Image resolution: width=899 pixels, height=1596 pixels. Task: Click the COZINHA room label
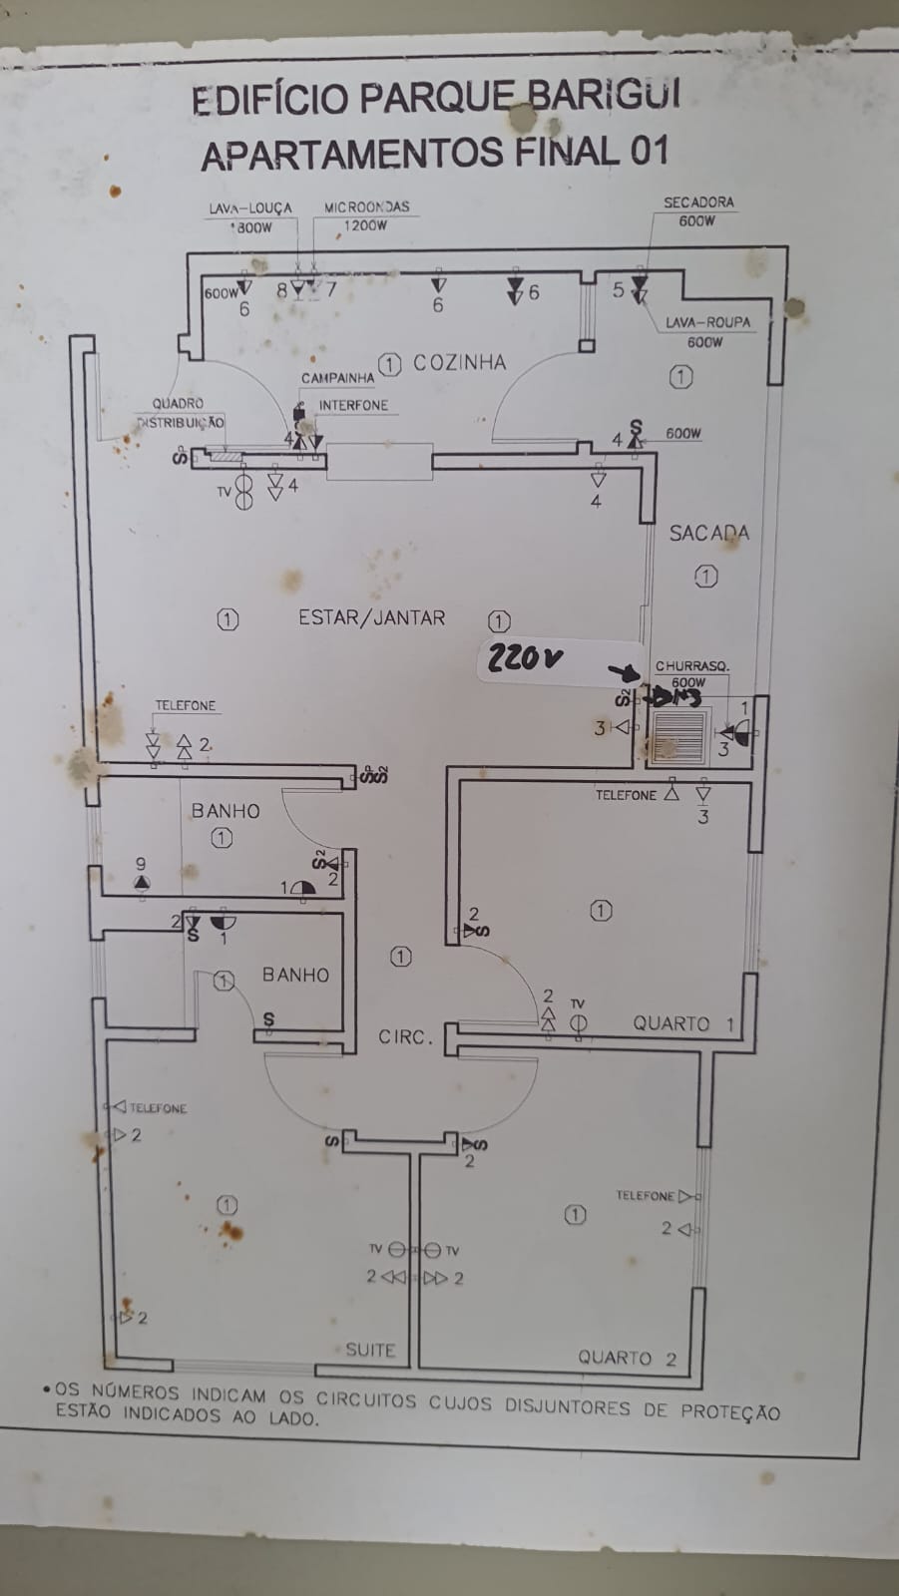(459, 363)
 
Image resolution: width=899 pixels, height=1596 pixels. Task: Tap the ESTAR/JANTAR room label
(371, 617)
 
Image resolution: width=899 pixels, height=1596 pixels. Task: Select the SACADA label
(708, 533)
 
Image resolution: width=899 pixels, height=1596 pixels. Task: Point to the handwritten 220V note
(525, 659)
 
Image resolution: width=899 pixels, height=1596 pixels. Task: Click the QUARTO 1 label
(683, 1023)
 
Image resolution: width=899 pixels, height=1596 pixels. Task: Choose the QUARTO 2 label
(627, 1358)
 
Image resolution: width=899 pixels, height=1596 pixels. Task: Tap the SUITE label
(370, 1350)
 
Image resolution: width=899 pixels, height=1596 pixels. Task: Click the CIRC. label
(405, 1037)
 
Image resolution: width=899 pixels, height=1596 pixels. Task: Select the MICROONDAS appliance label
(366, 206)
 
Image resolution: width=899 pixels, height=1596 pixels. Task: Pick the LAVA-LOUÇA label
(249, 207)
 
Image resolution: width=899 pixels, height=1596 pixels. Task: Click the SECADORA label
(698, 201)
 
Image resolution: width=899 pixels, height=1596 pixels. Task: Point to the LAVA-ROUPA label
(707, 322)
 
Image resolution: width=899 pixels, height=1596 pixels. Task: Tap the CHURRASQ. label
(691, 665)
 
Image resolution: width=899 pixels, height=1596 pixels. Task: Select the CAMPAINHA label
(337, 379)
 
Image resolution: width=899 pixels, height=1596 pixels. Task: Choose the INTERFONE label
(353, 406)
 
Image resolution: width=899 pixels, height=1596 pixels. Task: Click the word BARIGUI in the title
(605, 96)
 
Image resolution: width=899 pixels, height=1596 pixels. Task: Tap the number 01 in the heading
(647, 151)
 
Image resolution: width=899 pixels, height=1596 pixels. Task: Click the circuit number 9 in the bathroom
(141, 864)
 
